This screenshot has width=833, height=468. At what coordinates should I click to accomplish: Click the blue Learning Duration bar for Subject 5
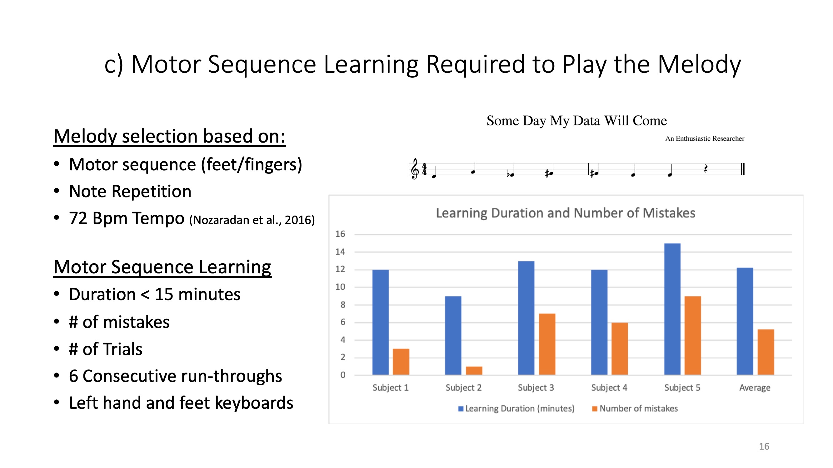(672, 309)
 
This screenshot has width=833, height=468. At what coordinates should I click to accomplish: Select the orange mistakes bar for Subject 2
(474, 371)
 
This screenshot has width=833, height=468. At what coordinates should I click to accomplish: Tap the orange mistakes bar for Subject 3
(547, 344)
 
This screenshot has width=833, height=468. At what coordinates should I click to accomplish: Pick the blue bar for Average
(745, 321)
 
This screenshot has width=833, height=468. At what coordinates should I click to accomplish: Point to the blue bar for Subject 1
(380, 322)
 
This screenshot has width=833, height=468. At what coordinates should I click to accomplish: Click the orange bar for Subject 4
(620, 349)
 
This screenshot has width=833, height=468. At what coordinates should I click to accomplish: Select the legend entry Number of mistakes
(635, 409)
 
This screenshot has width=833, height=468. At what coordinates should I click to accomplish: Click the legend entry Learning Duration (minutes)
(516, 409)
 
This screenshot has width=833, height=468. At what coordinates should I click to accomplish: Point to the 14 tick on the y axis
(340, 251)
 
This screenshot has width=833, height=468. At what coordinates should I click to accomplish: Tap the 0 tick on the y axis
(343, 375)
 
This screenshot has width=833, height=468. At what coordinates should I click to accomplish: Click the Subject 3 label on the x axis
(536, 388)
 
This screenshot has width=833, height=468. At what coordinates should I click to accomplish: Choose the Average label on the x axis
(755, 388)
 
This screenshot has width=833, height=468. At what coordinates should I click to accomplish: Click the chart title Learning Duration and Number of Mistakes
(566, 213)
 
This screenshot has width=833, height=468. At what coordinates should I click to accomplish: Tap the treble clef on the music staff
(414, 169)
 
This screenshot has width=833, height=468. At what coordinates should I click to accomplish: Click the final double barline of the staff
(743, 169)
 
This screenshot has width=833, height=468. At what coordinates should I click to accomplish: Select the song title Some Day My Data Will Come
(576, 121)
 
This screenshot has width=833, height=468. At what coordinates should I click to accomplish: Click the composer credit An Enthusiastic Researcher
(705, 139)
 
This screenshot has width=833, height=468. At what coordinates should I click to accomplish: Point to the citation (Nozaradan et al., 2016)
(252, 220)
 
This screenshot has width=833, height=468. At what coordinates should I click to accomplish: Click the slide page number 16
(764, 446)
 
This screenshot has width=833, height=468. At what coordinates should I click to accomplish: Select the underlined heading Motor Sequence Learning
(162, 267)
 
